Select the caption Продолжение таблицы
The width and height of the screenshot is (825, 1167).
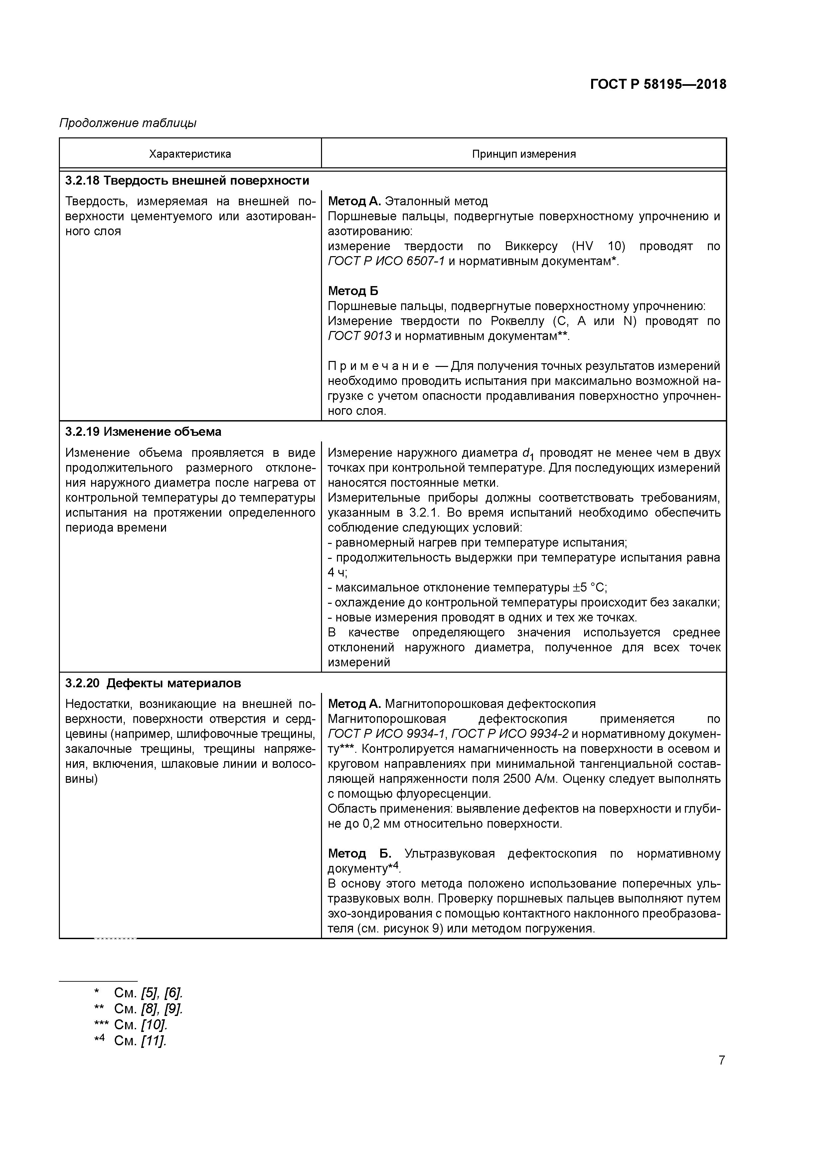click(x=128, y=123)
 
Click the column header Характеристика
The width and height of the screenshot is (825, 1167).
click(x=190, y=154)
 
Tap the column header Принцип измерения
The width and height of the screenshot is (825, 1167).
click(x=524, y=154)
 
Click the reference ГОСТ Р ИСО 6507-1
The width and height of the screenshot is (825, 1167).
click(x=386, y=261)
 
